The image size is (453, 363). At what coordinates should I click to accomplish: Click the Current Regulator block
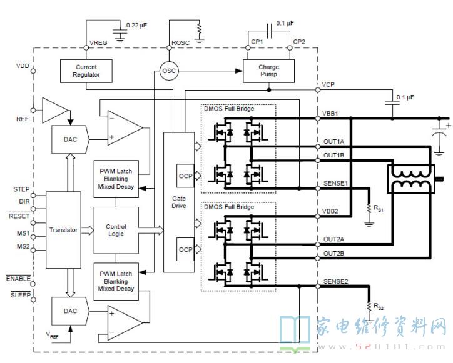86,71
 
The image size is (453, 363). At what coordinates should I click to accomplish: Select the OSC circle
169,71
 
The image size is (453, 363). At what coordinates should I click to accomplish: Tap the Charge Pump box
268,71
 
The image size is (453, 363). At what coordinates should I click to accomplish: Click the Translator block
63,230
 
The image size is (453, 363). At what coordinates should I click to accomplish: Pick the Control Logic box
116,231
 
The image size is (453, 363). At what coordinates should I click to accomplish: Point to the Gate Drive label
179,202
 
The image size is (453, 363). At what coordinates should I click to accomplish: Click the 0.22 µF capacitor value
136,26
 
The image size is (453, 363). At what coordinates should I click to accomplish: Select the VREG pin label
98,42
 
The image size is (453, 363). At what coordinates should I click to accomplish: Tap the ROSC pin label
181,42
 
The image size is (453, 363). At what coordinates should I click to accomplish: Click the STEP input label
21,189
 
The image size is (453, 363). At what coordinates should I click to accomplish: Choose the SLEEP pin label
21,295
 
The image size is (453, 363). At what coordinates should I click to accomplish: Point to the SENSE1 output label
336,183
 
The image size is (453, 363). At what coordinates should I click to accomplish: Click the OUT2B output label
333,253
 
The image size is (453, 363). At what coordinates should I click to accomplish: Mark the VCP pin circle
318,90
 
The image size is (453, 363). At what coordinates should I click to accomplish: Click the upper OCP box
185,176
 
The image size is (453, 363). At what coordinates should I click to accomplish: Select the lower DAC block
70,311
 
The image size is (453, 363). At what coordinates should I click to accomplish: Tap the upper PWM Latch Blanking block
116,179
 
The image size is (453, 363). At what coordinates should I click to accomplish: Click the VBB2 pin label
330,211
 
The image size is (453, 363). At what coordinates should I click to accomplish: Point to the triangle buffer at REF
55,110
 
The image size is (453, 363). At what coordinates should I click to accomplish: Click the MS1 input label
23,233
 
